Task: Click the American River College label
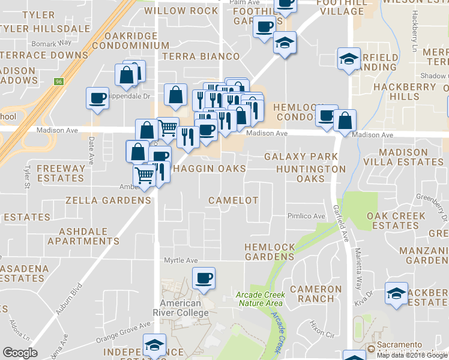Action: coord(184,308)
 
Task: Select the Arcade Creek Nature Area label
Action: coord(259,298)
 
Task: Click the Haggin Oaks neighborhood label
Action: coord(209,169)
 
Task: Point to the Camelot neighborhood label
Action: coord(233,200)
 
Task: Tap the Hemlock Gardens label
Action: coord(270,252)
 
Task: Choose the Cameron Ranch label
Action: coord(316,293)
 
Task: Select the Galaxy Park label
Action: coord(301,157)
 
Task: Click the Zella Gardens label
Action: coord(108,200)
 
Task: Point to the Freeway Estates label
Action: coord(61,173)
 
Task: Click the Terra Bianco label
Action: coord(200,56)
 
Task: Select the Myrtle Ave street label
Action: coord(181,260)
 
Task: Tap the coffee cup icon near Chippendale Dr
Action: coord(97,98)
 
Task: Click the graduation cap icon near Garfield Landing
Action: coord(347,59)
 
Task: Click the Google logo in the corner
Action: coord(20,353)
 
